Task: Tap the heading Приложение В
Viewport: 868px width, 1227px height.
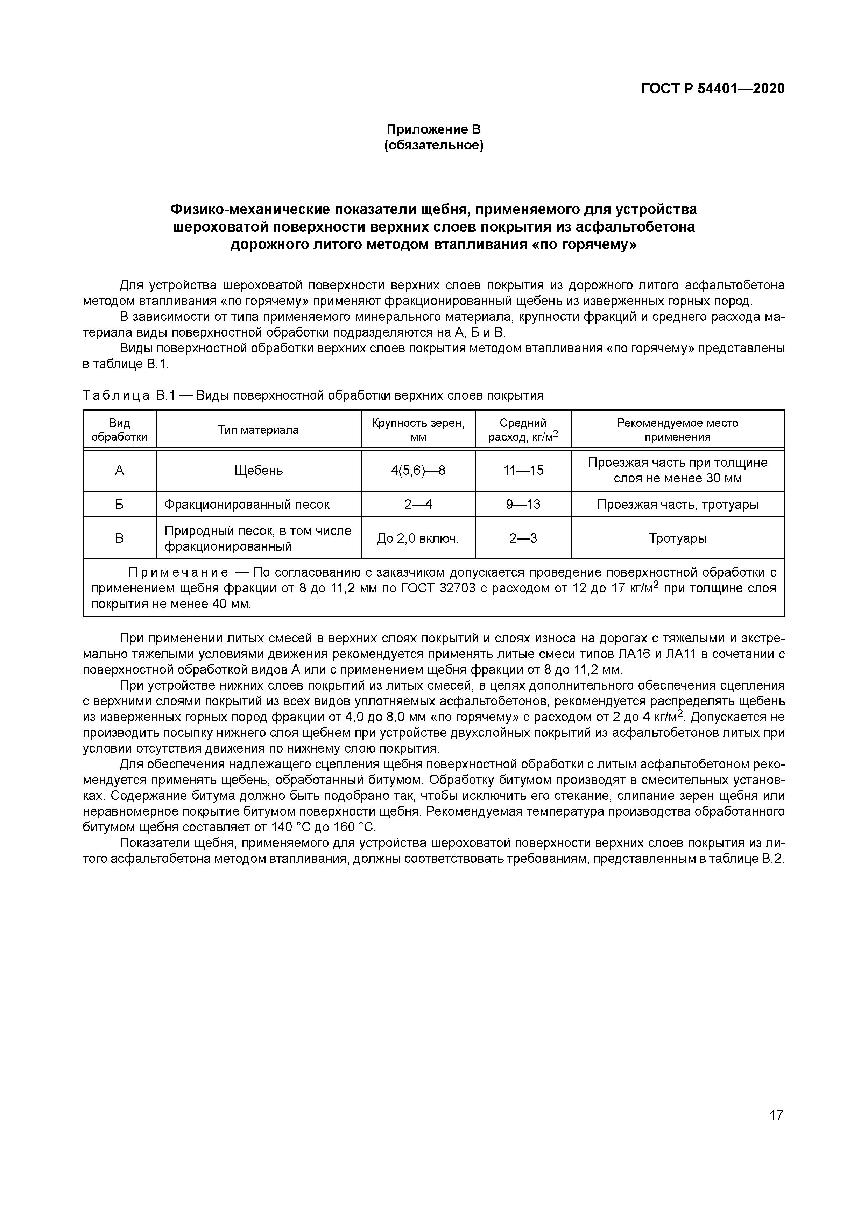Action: click(433, 129)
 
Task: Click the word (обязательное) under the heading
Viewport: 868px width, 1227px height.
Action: click(433, 145)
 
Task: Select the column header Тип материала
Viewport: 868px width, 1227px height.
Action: click(258, 430)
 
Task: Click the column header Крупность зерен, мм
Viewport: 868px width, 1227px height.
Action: click(418, 430)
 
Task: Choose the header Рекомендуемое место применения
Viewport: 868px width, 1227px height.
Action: click(677, 430)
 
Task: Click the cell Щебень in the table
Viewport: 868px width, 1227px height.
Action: click(258, 470)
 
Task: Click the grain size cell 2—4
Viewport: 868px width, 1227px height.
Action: click(418, 504)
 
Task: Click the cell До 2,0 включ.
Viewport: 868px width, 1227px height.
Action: click(418, 538)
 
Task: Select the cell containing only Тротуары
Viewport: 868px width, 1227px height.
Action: click(677, 538)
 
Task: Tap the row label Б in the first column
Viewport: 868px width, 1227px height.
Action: click(119, 504)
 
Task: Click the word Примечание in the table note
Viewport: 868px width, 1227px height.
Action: click(178, 573)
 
